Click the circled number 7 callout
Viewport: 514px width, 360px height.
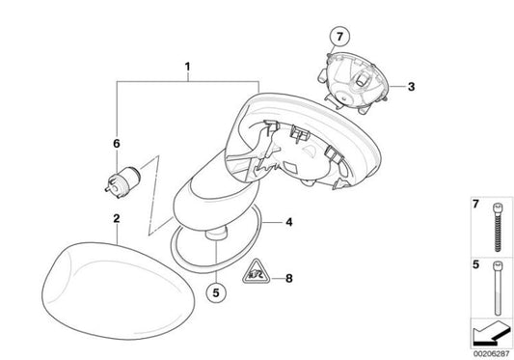[339, 37]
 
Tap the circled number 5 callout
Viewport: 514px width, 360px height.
[216, 292]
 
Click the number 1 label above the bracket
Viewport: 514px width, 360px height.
[187, 67]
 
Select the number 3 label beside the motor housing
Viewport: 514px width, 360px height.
[411, 87]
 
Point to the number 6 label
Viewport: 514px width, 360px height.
[117, 144]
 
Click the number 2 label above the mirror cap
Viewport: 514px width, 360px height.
[117, 218]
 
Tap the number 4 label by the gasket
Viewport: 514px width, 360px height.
[288, 223]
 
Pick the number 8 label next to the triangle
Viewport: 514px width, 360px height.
[288, 279]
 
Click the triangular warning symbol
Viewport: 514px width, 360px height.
[256, 272]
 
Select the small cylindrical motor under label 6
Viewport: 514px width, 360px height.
[122, 182]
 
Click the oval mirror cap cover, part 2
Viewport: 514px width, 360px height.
[118, 291]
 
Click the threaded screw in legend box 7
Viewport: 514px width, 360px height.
[498, 227]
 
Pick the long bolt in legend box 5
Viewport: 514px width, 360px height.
[498, 288]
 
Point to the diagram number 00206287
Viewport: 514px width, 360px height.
[491, 354]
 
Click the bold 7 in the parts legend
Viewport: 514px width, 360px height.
[475, 204]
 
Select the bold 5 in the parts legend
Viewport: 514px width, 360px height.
[475, 264]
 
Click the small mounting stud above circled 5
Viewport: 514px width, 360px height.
[216, 234]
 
